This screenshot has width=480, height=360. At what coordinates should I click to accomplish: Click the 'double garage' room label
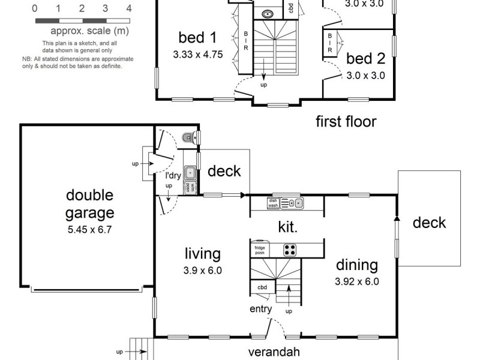coord(89,203)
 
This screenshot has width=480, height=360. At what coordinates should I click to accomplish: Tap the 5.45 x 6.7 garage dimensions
coord(89,228)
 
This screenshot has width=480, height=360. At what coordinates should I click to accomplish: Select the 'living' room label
coord(203,254)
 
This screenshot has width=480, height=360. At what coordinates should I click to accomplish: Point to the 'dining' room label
coord(356,265)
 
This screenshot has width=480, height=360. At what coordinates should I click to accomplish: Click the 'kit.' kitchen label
coord(287,227)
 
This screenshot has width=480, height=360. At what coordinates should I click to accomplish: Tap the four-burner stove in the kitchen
coord(290,250)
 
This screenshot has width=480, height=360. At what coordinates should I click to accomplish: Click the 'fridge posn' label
coord(260,250)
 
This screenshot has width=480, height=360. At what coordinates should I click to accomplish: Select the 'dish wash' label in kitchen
coord(273,203)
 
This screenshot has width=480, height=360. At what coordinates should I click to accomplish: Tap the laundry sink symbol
coord(190,173)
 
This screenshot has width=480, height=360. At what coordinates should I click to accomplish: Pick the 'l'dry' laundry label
coord(173,176)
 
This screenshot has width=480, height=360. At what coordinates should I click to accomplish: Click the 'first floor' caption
coord(346,122)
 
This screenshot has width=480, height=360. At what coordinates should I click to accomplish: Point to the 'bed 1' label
coord(197,38)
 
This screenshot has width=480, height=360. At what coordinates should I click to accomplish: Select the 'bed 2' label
coord(365,59)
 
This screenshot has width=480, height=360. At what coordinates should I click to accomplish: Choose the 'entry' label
coord(261,310)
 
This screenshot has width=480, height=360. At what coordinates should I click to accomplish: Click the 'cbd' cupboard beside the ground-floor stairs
coord(262,287)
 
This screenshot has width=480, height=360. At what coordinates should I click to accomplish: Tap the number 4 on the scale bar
coord(129,8)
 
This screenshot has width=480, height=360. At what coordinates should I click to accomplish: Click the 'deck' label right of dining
coord(430,223)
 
